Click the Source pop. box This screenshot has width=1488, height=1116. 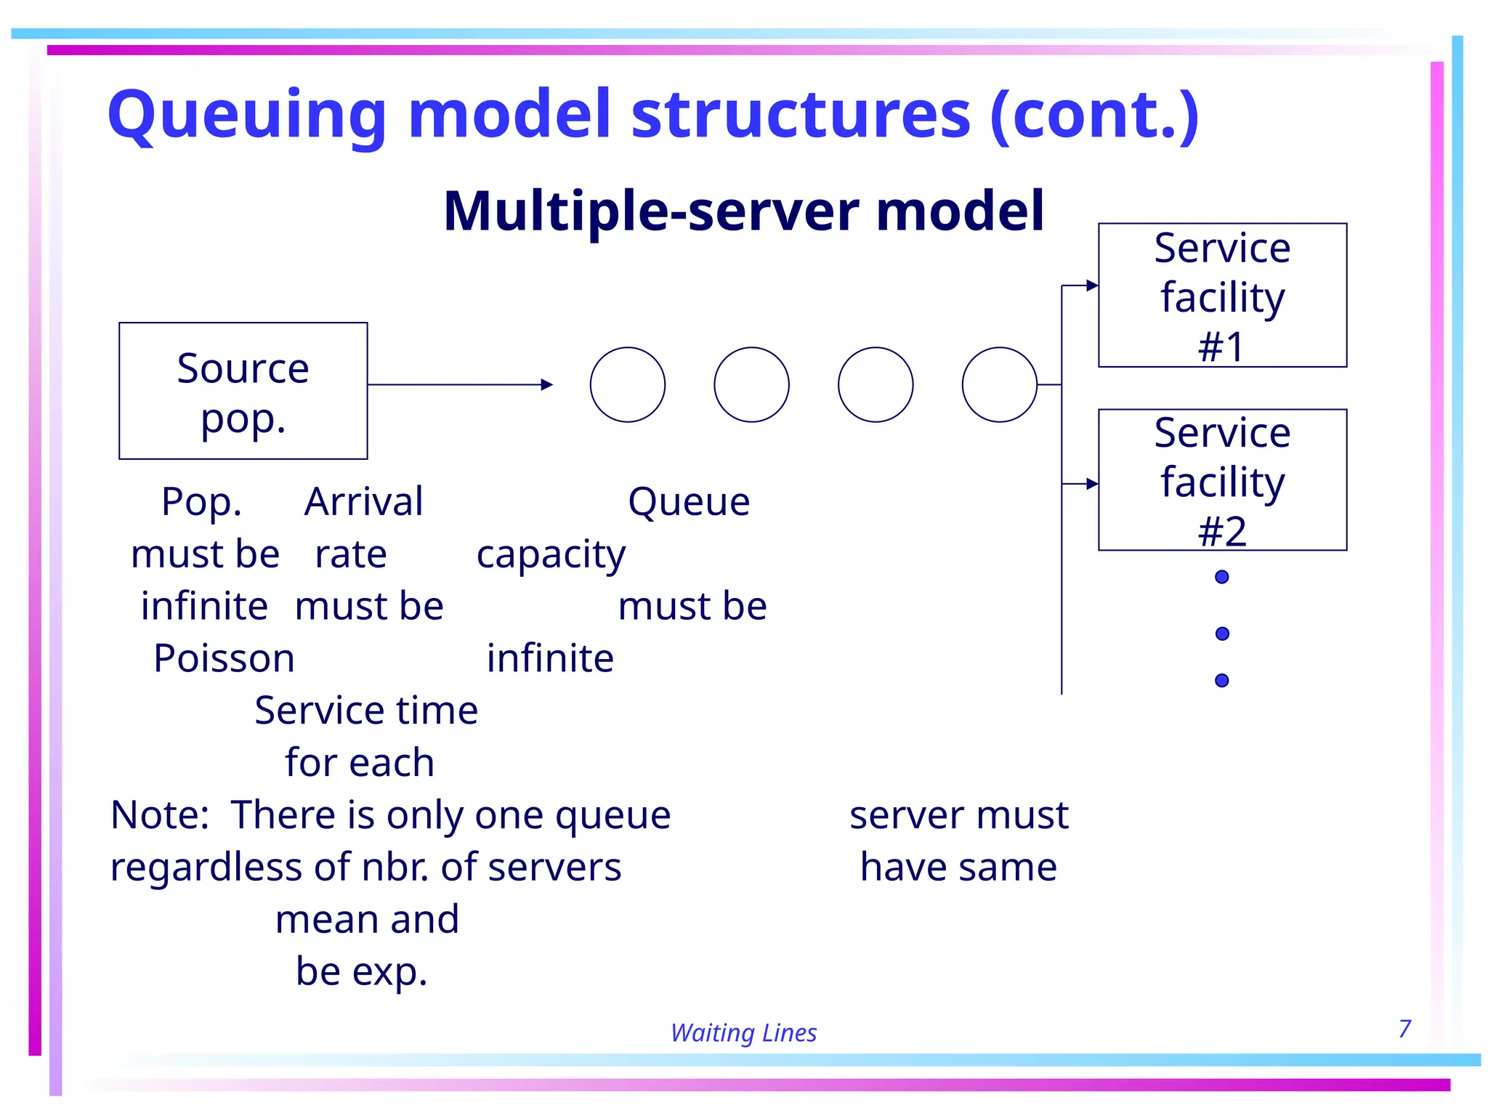pyautogui.click(x=243, y=391)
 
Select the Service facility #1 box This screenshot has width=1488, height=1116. pyautogui.click(x=1222, y=295)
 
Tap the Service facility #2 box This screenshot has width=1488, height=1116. pyautogui.click(x=1222, y=480)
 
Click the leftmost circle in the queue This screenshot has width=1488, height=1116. pyautogui.click(x=627, y=384)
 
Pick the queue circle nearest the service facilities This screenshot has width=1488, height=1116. pyautogui.click(x=999, y=384)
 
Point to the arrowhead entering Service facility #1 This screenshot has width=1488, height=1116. pyautogui.click(x=1092, y=286)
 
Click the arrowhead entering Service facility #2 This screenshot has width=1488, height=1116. pyautogui.click(x=1092, y=484)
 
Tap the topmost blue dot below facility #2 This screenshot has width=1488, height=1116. pyautogui.click(x=1222, y=577)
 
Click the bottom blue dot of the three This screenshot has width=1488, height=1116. pyautogui.click(x=1222, y=680)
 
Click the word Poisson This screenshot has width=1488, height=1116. pyautogui.click(x=224, y=658)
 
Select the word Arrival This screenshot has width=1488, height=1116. pyautogui.click(x=363, y=501)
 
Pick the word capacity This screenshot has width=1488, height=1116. pyautogui.click(x=551, y=554)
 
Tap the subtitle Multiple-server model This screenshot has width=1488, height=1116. pyautogui.click(x=743, y=211)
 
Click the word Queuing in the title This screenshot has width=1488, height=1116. pyautogui.click(x=247, y=115)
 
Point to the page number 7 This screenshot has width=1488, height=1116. pyautogui.click(x=1404, y=1028)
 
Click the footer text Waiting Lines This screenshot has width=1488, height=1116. pyautogui.click(x=743, y=1032)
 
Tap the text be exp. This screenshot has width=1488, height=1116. pyautogui.click(x=361, y=971)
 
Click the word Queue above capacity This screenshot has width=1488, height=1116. pyautogui.click(x=688, y=501)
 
